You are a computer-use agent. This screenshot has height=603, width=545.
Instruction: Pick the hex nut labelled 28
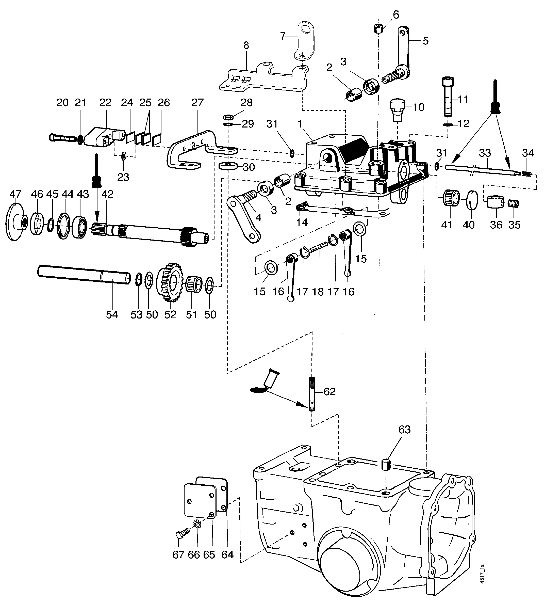pyautogui.click(x=229, y=116)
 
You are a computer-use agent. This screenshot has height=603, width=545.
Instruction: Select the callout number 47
pyautogui.click(x=15, y=194)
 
